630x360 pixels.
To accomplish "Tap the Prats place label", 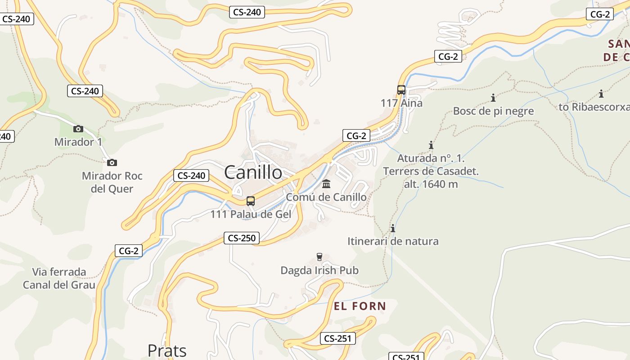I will (167, 351).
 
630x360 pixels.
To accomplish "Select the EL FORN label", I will (360, 306).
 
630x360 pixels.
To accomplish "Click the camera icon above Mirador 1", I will (78, 129).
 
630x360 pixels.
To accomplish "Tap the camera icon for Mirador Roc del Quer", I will (112, 162).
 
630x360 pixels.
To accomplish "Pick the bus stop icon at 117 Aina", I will (401, 90).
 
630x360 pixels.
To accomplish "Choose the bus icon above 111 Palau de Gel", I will (251, 201).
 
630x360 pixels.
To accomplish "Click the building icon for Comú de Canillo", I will (326, 184).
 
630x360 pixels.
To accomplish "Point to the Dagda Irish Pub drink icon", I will (319, 257).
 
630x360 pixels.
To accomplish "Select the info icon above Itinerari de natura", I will (393, 228).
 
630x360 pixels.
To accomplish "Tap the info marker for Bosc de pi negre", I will (493, 98).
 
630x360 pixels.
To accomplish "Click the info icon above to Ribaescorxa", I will (601, 94).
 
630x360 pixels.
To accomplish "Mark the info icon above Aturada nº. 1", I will (431, 145).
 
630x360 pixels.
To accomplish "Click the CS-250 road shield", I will (242, 238).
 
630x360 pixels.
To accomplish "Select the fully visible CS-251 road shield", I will (337, 339).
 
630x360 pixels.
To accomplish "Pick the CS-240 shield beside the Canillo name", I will (191, 175).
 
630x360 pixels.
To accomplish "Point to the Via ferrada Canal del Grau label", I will (59, 278).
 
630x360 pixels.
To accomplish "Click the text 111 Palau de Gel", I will (251, 214).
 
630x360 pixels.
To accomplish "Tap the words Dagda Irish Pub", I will (319, 270).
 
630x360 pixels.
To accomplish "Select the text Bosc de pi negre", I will (493, 111).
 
